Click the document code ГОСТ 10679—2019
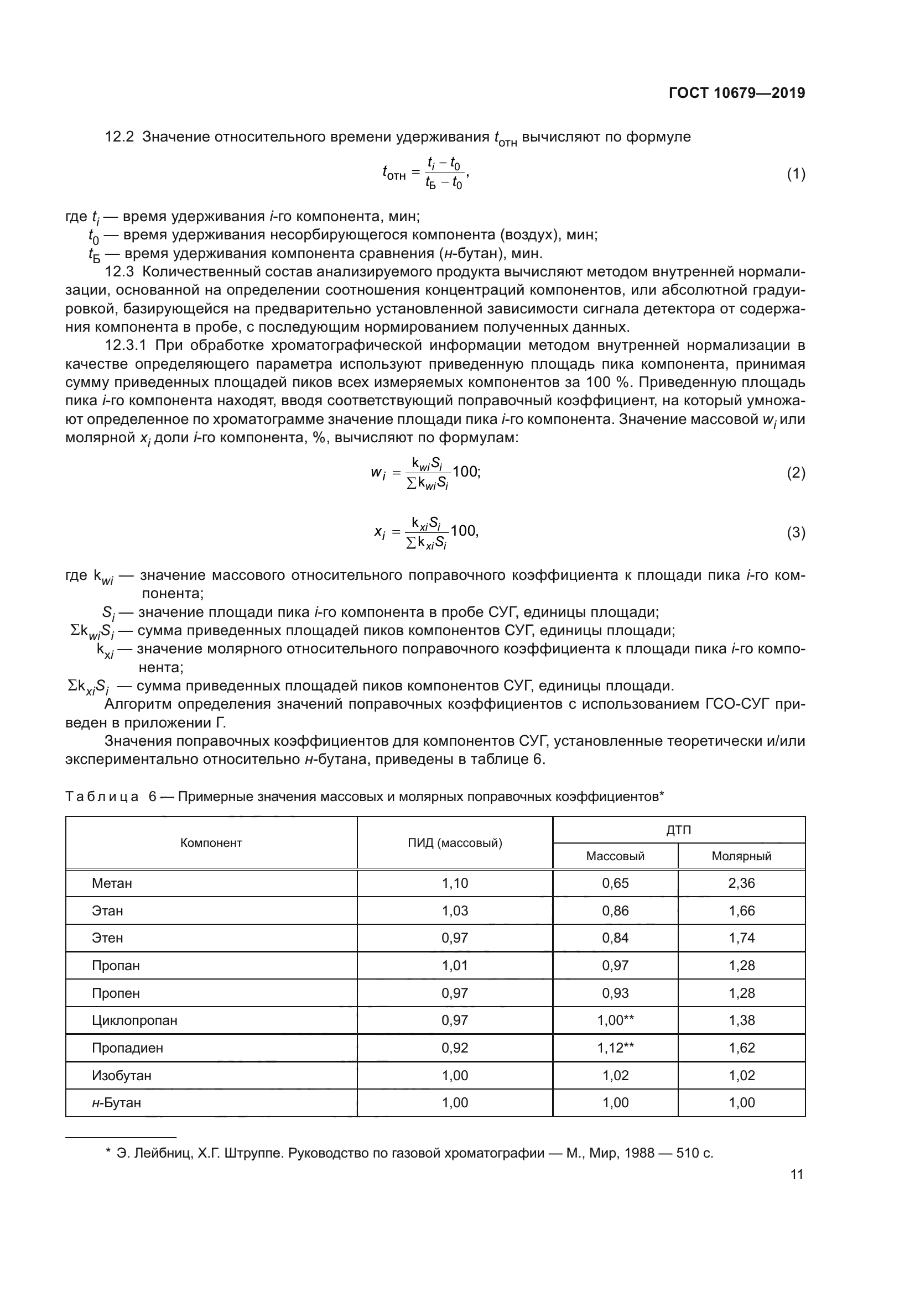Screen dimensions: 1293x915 click(x=736, y=93)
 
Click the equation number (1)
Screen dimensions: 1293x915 click(x=796, y=174)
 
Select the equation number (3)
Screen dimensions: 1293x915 click(x=796, y=532)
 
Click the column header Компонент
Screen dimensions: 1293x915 click(x=211, y=843)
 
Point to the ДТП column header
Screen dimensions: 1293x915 click(x=678, y=830)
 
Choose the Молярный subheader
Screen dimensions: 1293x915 click(x=741, y=856)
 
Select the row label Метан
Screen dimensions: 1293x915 click(x=112, y=883)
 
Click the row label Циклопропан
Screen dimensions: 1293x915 click(x=134, y=1020)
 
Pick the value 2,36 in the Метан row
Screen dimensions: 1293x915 click(x=741, y=883)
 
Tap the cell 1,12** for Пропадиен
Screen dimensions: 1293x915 click(x=615, y=1048)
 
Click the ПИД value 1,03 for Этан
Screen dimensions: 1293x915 click(x=455, y=911)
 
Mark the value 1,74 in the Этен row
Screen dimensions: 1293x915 click(x=741, y=938)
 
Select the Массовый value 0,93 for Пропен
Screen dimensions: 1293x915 click(x=615, y=993)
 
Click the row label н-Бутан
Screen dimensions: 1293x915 click(x=116, y=1103)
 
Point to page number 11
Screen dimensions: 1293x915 click(x=797, y=1175)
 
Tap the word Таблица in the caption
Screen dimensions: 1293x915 click(x=102, y=797)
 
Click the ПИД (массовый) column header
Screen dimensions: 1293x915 click(x=455, y=843)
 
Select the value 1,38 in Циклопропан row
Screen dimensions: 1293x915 click(x=741, y=1020)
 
